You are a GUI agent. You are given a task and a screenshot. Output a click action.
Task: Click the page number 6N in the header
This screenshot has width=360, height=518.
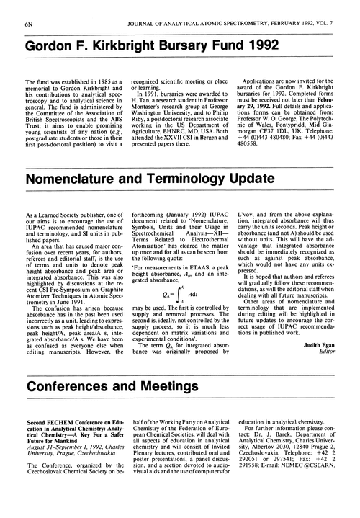(17, 8)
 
